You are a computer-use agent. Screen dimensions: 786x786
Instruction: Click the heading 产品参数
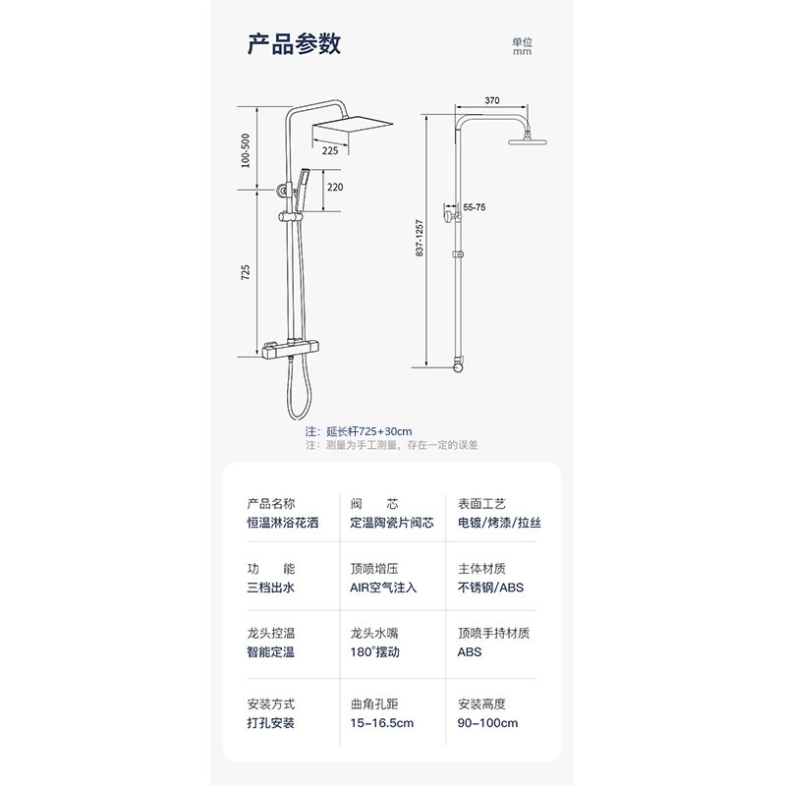coord(294,44)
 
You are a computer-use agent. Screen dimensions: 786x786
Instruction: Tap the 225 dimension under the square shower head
coord(330,150)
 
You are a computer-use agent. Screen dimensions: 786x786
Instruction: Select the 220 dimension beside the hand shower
coord(335,187)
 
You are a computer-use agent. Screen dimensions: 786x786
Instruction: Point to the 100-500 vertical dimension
coord(246,149)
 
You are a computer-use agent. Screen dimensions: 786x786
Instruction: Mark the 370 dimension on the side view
coord(492,100)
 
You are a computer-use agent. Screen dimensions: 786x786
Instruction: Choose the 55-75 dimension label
coord(474,208)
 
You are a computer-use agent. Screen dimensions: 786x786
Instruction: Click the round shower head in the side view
coord(532,143)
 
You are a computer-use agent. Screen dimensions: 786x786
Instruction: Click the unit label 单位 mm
coord(522,46)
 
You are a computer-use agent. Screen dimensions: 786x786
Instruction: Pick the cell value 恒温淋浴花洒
coord(283,523)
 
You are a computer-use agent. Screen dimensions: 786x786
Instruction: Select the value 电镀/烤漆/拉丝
coord(499,523)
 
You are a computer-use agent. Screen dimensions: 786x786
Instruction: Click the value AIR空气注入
coord(383,588)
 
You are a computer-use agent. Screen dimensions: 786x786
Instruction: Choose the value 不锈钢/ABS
coord(491,588)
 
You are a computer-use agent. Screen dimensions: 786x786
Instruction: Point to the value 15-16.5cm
coord(381,723)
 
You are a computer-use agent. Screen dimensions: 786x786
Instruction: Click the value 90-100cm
coord(487,723)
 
